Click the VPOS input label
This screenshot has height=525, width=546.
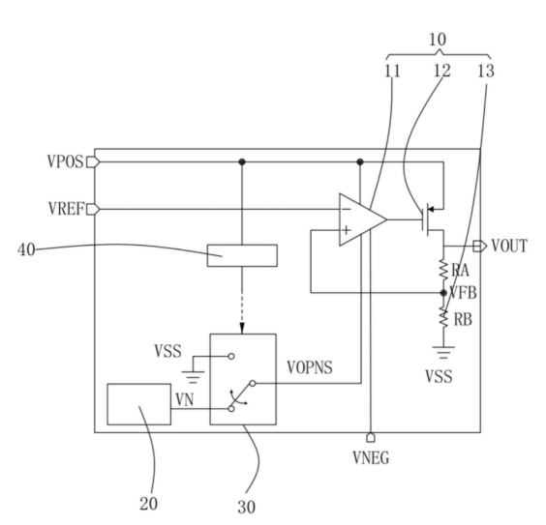(x=66, y=162)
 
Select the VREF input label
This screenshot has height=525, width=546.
(x=66, y=209)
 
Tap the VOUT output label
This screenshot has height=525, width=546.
(x=509, y=246)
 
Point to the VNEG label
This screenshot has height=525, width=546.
(x=371, y=457)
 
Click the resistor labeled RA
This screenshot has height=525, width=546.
(x=443, y=270)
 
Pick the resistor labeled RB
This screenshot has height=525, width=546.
(x=443, y=317)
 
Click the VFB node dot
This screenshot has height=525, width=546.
(x=443, y=293)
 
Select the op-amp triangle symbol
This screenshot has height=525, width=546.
(x=363, y=219)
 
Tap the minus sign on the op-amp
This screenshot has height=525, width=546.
(x=347, y=209)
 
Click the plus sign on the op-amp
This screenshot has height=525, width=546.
(x=347, y=230)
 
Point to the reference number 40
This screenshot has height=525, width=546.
(x=26, y=249)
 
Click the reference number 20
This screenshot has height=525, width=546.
(x=149, y=504)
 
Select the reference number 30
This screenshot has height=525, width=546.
(x=247, y=508)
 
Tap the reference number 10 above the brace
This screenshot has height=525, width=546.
(x=438, y=40)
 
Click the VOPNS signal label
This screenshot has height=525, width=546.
(x=310, y=367)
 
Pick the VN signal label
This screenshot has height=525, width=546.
(x=185, y=400)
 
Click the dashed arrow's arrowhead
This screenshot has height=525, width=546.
(x=242, y=329)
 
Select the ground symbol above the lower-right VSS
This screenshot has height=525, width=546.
(x=443, y=352)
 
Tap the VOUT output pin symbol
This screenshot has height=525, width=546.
(x=480, y=247)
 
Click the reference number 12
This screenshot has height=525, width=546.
(x=441, y=71)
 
